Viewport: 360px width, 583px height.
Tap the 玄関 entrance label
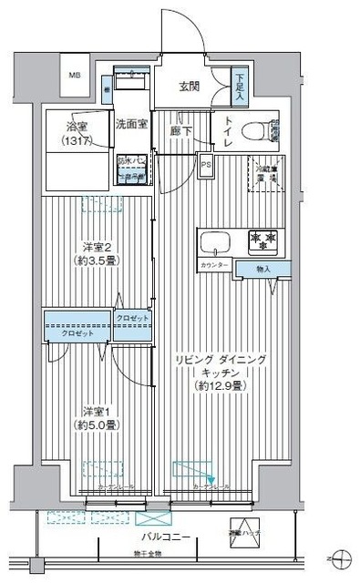(189, 87)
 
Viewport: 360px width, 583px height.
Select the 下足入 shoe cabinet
(239, 87)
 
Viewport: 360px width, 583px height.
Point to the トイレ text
(227, 134)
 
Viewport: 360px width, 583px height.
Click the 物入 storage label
(262, 269)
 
